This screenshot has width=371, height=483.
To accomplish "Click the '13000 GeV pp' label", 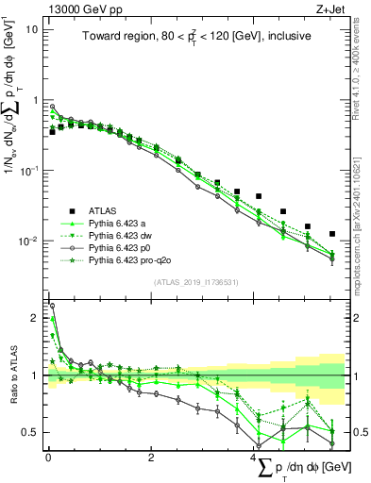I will [x=72, y=8].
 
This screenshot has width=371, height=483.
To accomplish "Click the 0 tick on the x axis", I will [x=48, y=458].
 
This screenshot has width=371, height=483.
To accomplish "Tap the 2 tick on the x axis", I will [x=151, y=458].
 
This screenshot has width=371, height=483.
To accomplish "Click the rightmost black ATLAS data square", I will [x=331, y=233].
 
